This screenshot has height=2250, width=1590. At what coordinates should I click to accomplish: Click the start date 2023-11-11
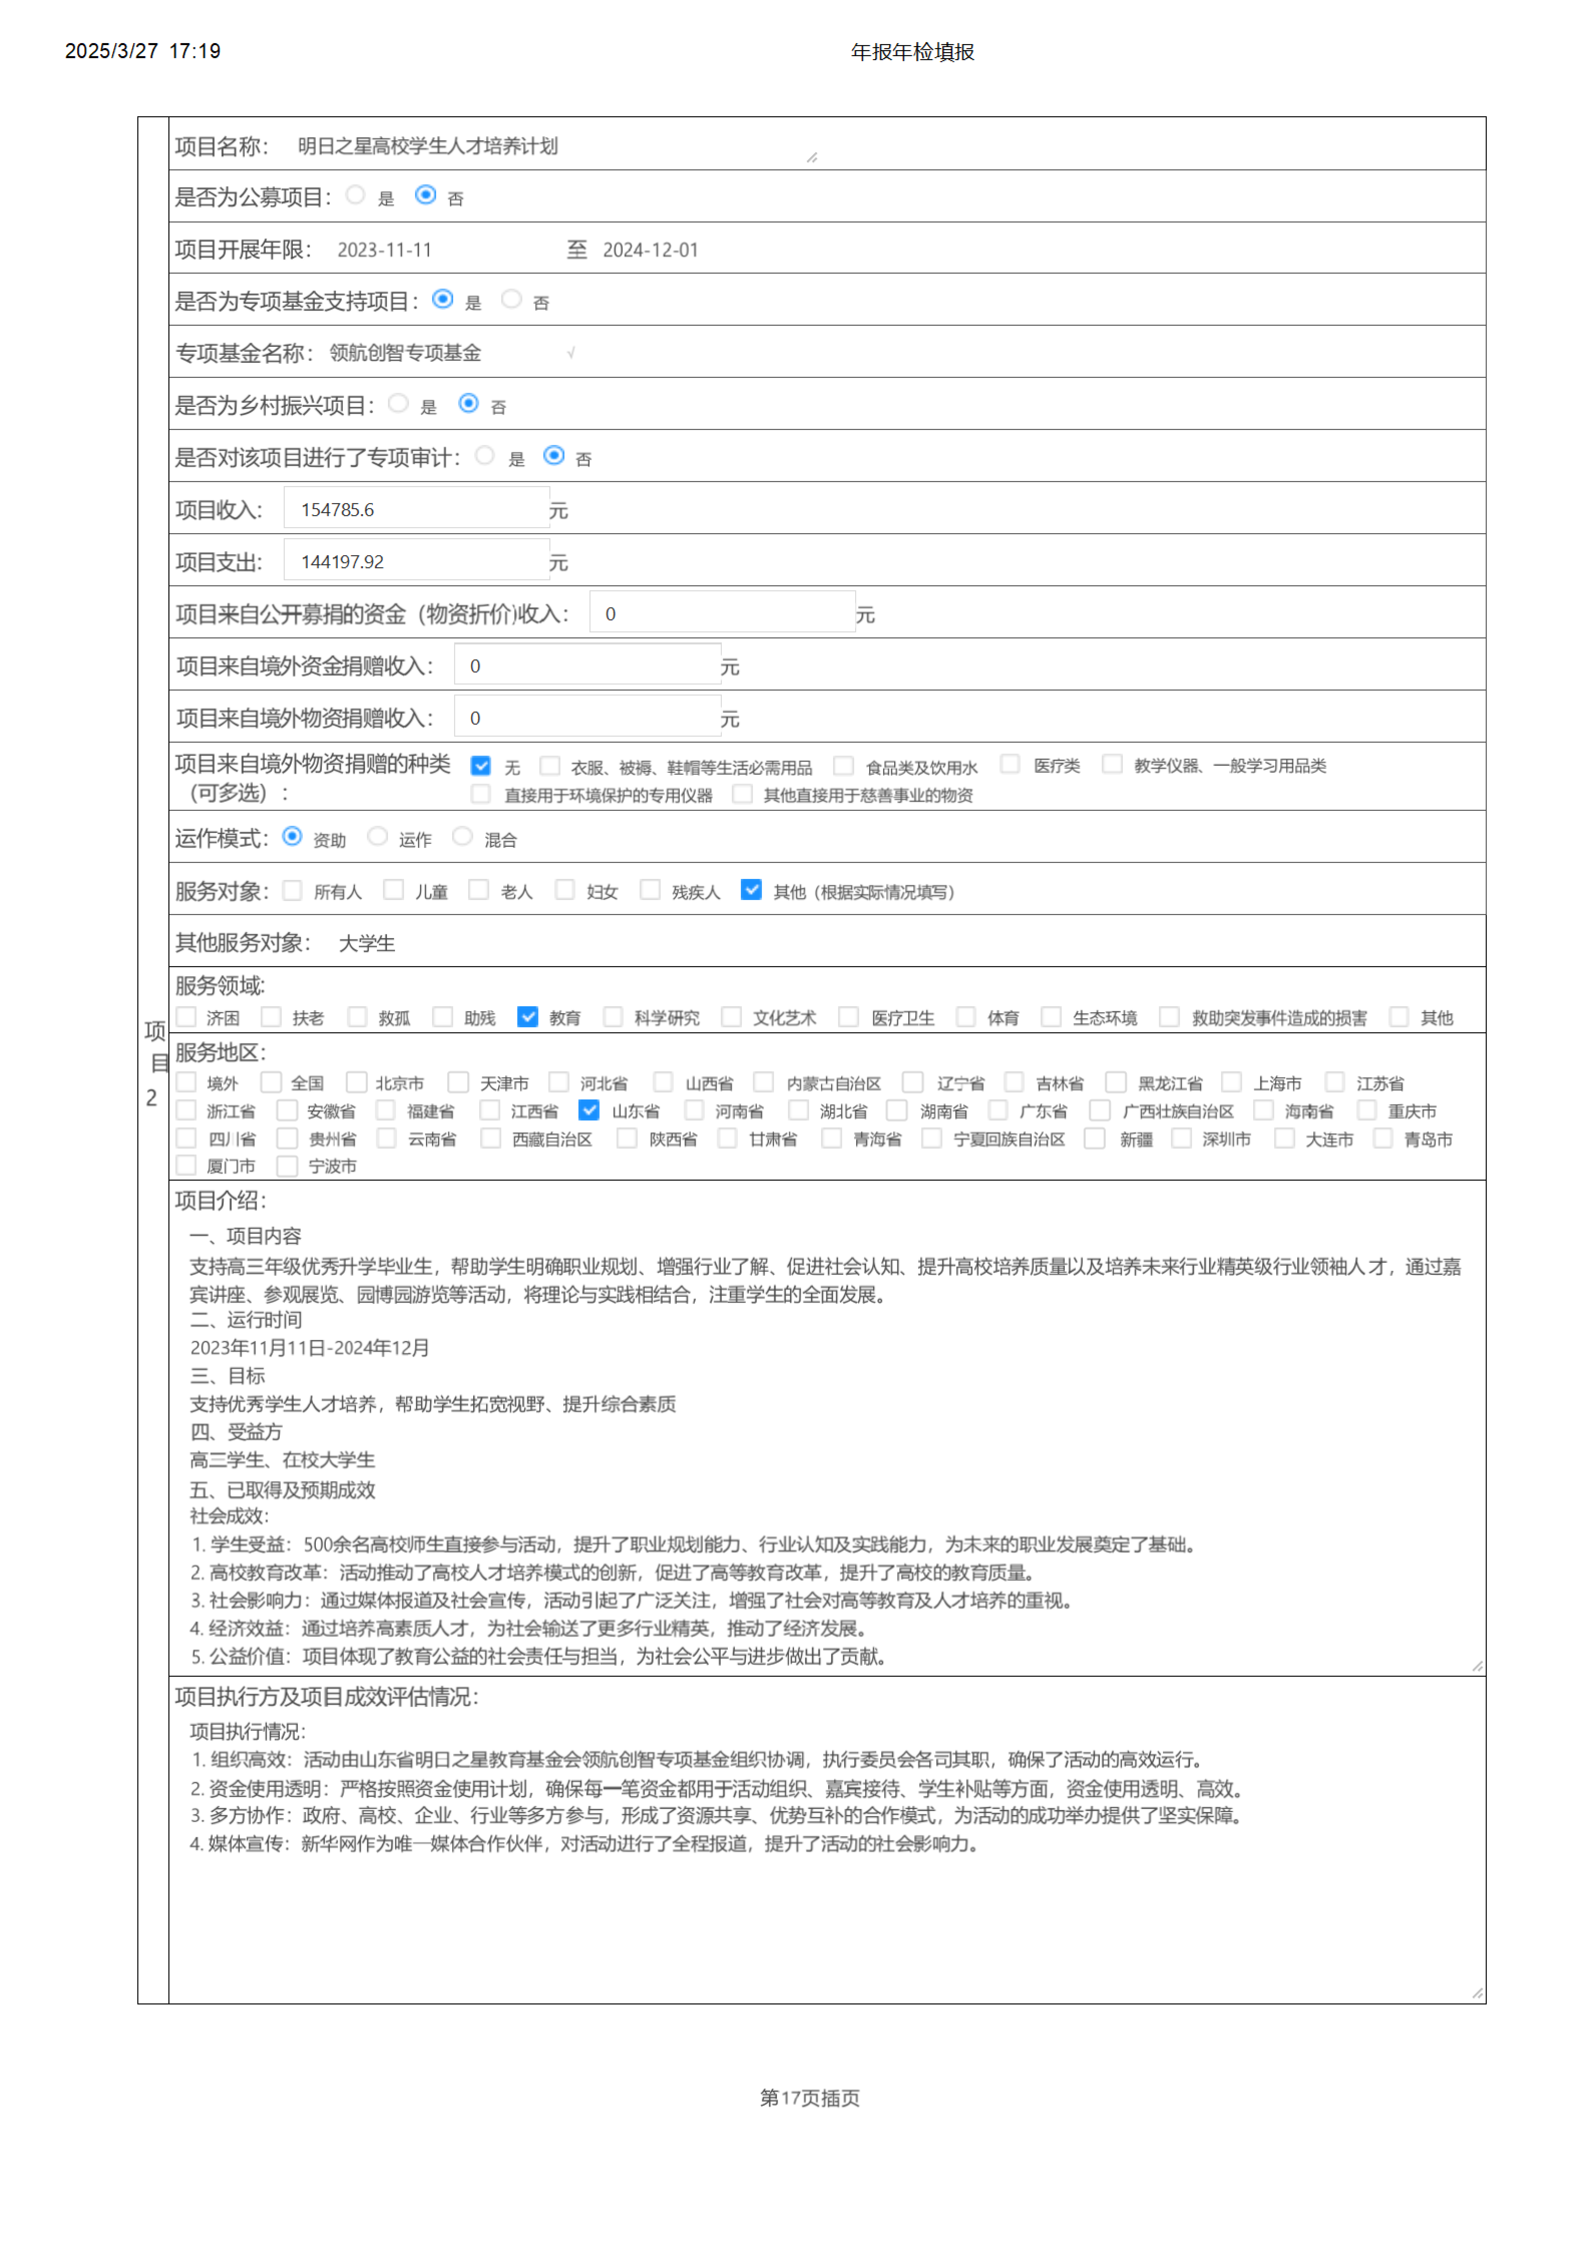384,250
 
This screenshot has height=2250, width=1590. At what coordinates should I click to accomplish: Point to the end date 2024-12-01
650,250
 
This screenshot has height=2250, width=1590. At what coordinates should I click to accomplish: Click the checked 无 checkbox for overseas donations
480,765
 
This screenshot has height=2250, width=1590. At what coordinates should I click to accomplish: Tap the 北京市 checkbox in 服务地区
357,1082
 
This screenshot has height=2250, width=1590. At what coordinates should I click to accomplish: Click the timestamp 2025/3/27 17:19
142,51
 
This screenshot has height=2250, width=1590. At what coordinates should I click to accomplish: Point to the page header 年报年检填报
912,52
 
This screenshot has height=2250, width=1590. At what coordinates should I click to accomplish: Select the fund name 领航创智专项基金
405,353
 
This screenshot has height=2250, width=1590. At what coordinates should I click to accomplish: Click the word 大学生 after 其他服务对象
367,943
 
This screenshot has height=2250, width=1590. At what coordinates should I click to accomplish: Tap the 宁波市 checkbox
287,1165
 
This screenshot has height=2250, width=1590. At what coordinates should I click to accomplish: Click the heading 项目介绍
221,1200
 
